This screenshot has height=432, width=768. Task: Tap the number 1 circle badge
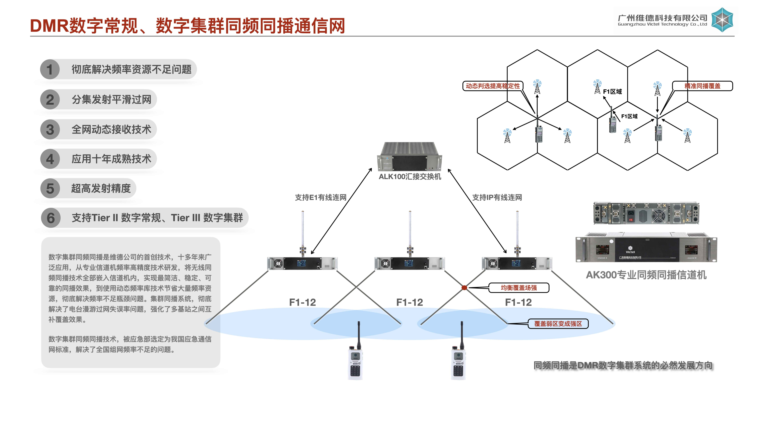click(50, 69)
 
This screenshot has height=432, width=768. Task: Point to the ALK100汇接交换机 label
click(410, 177)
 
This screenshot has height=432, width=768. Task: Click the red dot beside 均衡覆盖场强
click(464, 288)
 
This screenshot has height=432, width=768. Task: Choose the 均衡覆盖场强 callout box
click(519, 288)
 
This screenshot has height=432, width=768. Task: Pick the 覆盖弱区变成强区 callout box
click(558, 324)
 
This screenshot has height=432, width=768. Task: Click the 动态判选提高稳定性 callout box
click(492, 86)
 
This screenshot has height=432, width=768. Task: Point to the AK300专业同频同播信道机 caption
click(646, 275)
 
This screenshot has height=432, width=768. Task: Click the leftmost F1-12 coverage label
click(302, 302)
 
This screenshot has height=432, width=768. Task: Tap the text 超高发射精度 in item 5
click(101, 188)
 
